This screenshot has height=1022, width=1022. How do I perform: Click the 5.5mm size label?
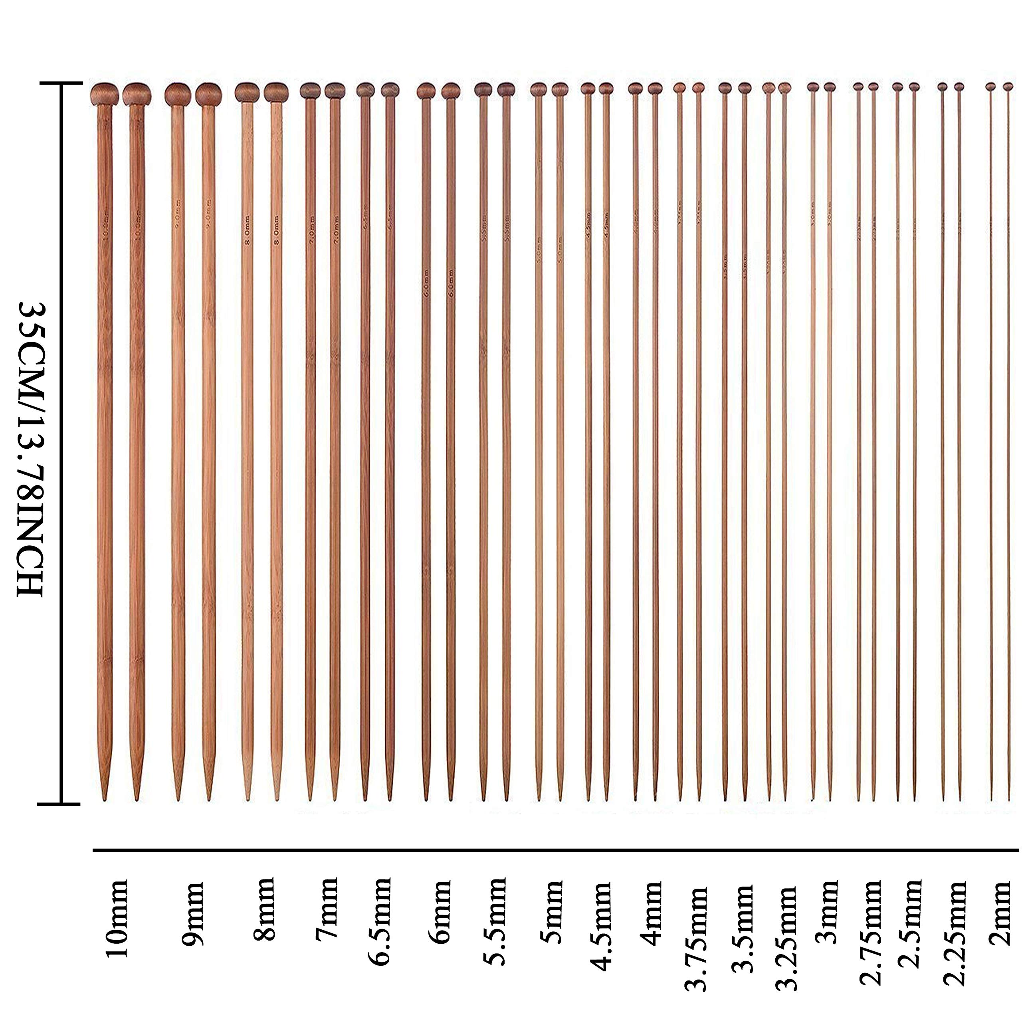[x=496, y=921]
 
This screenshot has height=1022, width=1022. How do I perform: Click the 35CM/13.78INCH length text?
[x=30, y=450]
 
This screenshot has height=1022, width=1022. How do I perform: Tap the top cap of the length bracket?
[x=61, y=83]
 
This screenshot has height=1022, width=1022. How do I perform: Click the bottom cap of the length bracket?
[x=61, y=804]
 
